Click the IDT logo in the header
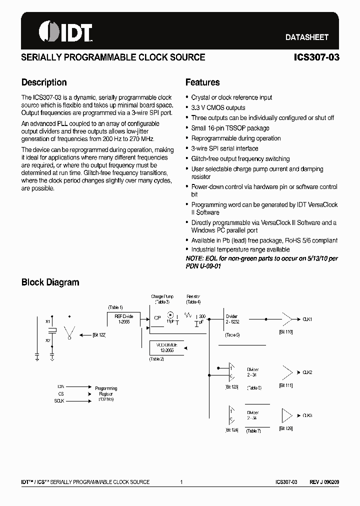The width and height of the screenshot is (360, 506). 65,32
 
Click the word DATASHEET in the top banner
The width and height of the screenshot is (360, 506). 306,37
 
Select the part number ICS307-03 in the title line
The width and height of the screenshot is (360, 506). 317,57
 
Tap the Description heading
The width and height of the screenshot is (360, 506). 44,82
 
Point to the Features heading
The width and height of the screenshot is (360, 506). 202,82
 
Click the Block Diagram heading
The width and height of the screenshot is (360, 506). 50,282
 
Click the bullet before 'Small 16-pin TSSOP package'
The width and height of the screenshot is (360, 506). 187,128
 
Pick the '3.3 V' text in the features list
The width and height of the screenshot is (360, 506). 198,107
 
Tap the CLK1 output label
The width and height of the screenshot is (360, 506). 307,319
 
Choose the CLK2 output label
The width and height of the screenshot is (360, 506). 307,372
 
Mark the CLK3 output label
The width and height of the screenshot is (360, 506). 307,415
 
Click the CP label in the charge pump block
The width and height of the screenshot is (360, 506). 157,317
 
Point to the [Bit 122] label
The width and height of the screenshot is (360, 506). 99,335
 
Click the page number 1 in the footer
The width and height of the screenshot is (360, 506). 180,482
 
